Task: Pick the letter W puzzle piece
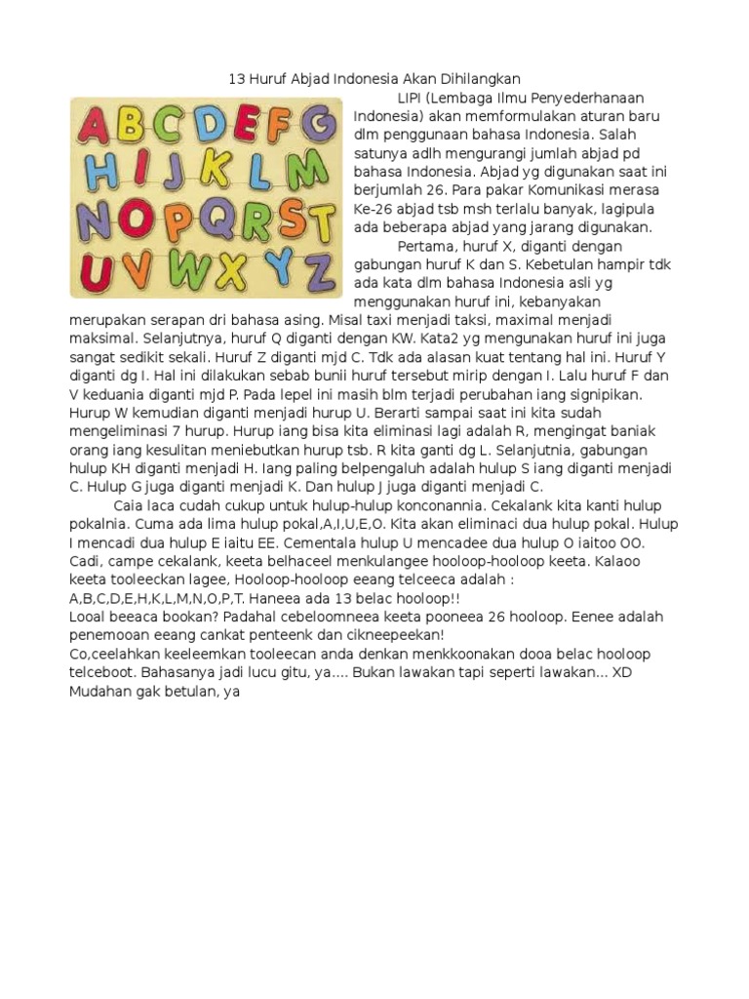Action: pyautogui.click(x=189, y=263)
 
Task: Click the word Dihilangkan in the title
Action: pyautogui.click(x=476, y=79)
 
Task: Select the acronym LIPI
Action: pyautogui.click(x=413, y=98)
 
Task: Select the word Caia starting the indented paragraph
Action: pyautogui.click(x=130, y=505)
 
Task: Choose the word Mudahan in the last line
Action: pyautogui.click(x=99, y=692)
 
